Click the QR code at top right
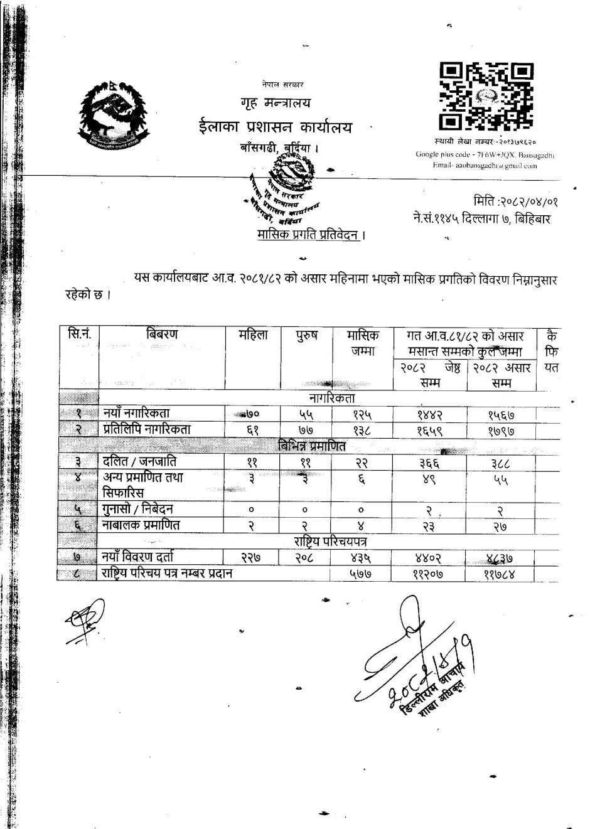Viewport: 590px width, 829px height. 486,95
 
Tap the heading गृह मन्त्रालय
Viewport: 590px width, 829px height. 275,103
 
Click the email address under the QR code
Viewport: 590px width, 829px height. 485,166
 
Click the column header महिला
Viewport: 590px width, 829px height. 253,335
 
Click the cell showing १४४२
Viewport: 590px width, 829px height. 431,414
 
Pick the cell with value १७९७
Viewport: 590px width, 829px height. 501,431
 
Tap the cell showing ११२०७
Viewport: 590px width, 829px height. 430,573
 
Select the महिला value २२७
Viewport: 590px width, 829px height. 252,557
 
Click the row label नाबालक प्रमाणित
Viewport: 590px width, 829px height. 141,525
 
